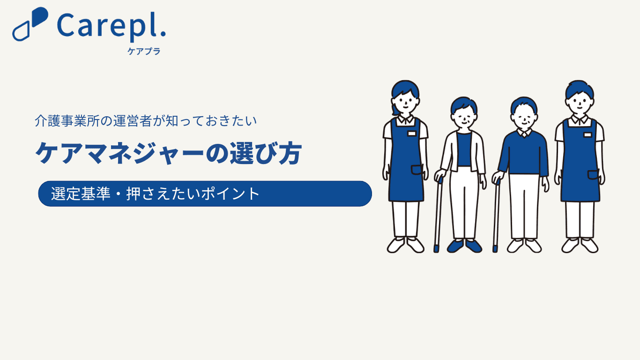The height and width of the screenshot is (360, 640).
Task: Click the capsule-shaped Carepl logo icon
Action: coord(30,24)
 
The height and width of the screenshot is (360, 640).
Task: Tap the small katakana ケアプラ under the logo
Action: coord(144,51)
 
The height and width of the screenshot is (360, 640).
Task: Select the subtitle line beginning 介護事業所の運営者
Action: coord(146,121)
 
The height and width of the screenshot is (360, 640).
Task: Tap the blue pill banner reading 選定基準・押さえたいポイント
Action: coord(205,194)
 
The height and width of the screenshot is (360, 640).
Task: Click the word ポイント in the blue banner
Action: coord(231,194)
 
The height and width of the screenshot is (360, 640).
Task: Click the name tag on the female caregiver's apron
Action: coord(412,134)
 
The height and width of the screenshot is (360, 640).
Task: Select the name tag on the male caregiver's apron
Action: coord(588,135)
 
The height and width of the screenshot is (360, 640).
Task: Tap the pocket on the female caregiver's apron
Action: coord(417,170)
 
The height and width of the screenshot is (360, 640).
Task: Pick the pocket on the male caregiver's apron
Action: coord(593,175)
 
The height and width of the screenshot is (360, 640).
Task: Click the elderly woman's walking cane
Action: coord(438,215)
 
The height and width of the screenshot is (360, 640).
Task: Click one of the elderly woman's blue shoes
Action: coord(455,246)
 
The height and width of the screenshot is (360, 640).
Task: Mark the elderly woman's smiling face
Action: coord(464,119)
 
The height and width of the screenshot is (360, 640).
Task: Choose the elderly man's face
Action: coord(524,119)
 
